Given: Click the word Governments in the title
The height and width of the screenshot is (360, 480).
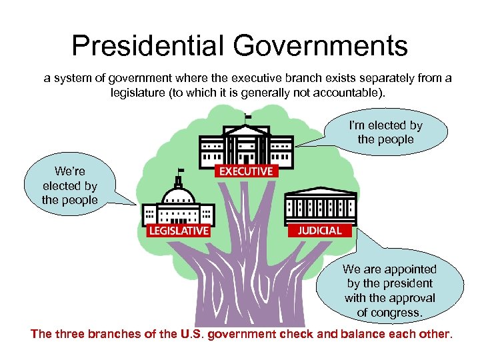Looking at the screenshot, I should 320,46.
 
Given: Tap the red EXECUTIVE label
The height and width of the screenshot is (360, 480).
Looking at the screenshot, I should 245,171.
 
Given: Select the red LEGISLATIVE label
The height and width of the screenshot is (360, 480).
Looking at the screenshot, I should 178,231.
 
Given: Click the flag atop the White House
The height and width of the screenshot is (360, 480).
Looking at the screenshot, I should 249,117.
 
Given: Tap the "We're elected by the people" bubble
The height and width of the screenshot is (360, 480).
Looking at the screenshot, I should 69,186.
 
